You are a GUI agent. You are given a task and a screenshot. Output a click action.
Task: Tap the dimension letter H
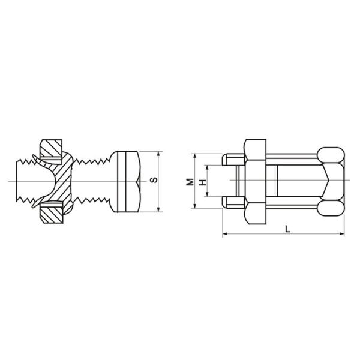[x=202, y=181]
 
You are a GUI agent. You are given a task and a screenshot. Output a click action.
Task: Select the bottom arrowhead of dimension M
[x=195, y=206]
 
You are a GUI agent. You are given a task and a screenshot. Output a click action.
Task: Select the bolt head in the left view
[x=127, y=181]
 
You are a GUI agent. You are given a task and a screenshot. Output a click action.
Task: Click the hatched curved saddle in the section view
[x=60, y=181]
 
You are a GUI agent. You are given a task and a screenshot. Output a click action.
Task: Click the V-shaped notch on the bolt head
[x=139, y=181]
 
